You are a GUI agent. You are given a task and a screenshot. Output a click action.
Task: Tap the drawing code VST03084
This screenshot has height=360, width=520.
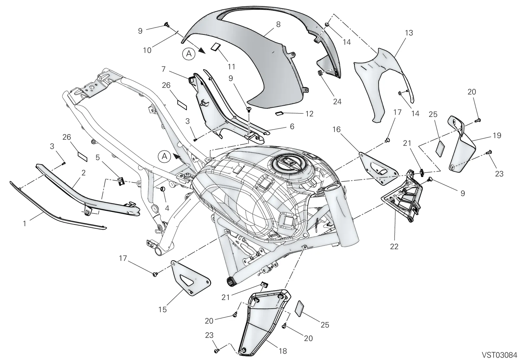[499, 355]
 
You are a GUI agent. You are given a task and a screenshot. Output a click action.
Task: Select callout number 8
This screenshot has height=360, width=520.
[278, 24]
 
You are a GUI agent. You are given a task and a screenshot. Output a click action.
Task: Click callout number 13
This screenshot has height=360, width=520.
[409, 33]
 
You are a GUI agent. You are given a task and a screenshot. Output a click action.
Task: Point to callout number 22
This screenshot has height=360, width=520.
[394, 247]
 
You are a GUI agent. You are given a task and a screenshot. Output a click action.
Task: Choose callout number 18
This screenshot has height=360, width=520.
[283, 351]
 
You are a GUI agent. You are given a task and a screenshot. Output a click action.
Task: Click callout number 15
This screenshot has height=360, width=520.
[162, 309]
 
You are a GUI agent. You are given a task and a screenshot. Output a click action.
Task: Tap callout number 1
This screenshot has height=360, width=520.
[24, 224]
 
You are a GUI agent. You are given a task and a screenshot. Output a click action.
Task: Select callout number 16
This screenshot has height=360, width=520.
[337, 130]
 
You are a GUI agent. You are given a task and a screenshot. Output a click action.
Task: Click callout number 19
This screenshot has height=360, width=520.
[497, 135]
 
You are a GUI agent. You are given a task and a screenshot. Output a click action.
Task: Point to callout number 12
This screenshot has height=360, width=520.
[309, 114]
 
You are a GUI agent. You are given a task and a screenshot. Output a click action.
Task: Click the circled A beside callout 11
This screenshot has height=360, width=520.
[189, 54]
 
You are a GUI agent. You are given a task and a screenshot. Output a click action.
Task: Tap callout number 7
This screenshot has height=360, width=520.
[163, 69]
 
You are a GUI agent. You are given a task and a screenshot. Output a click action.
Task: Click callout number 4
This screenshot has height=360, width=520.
[167, 208]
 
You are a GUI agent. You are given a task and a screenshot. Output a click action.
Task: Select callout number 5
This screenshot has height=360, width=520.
[98, 158]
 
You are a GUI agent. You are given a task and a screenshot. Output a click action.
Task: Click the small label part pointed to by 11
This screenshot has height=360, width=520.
[215, 46]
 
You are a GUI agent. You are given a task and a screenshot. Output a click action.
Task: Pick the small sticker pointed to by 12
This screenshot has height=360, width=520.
[279, 113]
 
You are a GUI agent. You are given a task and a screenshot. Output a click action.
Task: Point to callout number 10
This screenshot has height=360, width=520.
[147, 50]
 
